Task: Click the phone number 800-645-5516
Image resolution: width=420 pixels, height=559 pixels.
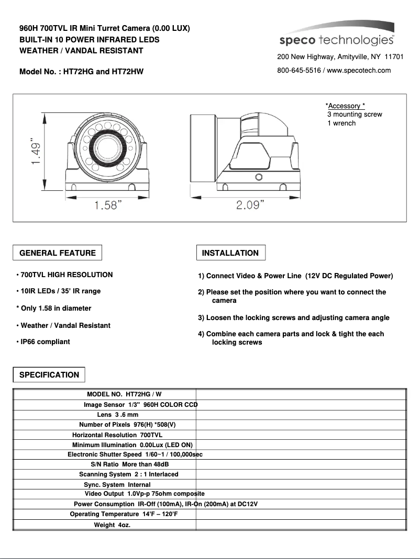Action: (x=300, y=71)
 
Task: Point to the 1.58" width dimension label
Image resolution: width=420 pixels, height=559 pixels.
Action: (x=108, y=205)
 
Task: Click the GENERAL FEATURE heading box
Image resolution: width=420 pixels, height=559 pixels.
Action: (x=58, y=253)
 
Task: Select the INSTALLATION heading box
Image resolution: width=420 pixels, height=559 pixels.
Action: (x=230, y=253)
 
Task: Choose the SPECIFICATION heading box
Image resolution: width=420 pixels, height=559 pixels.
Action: (x=49, y=374)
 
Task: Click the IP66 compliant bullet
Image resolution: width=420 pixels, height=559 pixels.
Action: (x=44, y=342)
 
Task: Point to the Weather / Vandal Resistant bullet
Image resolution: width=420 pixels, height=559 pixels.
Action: (x=63, y=325)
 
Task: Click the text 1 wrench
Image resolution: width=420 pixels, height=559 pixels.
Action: (x=341, y=123)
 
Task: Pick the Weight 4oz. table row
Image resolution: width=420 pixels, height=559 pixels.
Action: (x=112, y=524)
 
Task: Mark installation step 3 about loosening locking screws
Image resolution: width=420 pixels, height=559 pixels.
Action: (x=293, y=317)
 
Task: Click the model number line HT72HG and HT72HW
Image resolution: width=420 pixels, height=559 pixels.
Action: (x=81, y=72)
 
